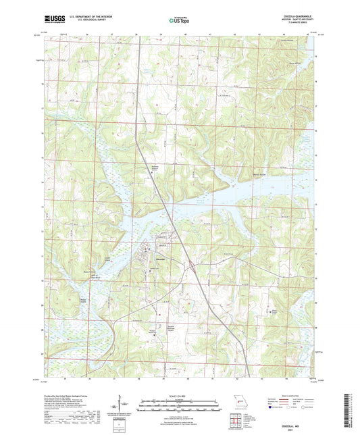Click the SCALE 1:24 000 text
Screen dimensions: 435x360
180,394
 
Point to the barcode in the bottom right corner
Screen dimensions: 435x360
348,412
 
